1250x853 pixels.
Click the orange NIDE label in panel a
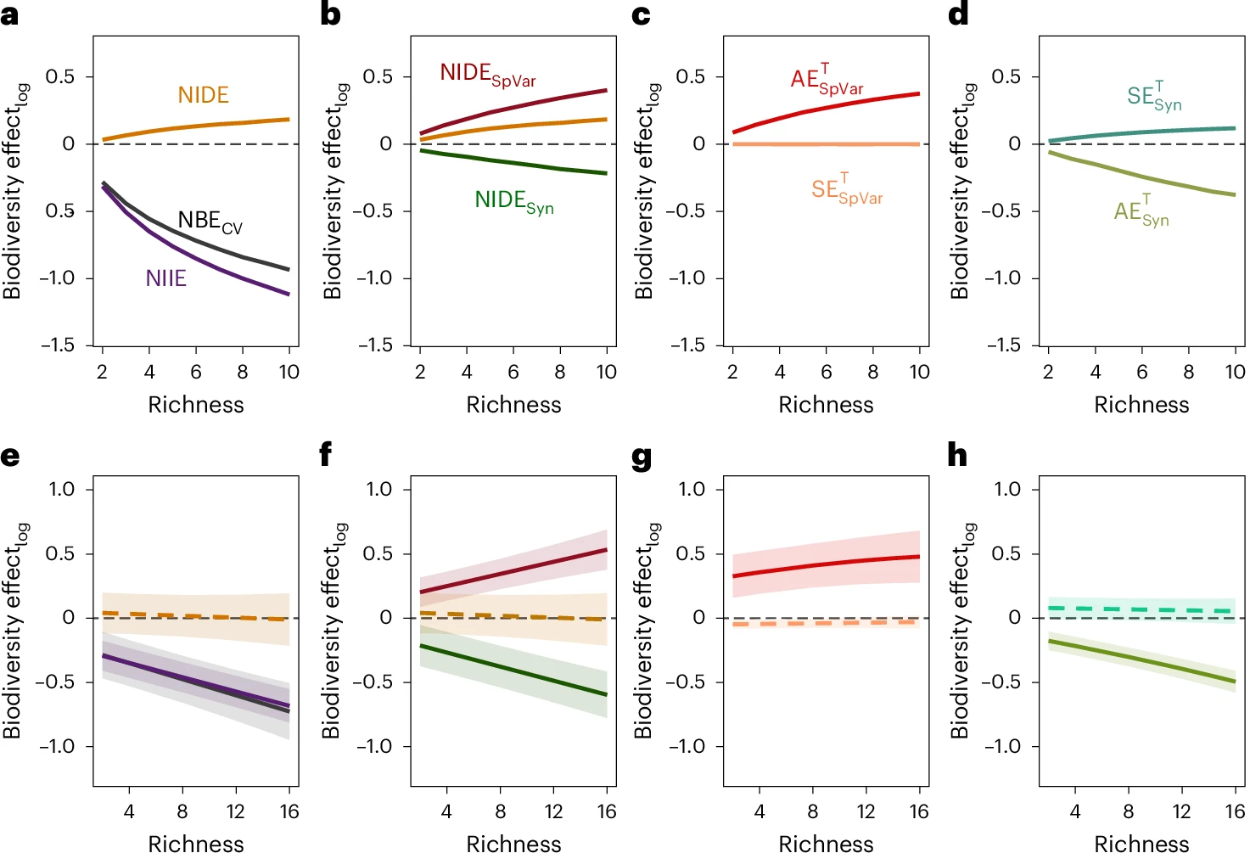coord(203,95)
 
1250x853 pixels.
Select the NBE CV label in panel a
coord(209,222)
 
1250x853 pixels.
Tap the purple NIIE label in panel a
coord(165,278)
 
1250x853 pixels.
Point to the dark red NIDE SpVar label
coord(487,75)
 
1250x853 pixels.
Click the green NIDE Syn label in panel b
coord(513,201)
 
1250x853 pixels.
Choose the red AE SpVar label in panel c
coord(827,79)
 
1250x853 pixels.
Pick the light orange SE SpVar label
coord(846,189)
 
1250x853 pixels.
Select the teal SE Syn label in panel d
coord(1153,97)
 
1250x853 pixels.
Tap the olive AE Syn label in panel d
coord(1141,211)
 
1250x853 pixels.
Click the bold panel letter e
coord(10,456)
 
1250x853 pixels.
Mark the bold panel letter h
coord(957,456)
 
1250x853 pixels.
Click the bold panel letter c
coord(642,15)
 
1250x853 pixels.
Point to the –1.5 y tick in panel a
coord(58,345)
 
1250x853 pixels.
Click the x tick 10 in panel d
coord(1235,372)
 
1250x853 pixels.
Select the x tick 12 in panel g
coord(866,811)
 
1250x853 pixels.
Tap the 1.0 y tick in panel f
coord(378,489)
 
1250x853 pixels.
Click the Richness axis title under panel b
coord(513,405)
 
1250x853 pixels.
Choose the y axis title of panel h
coord(961,630)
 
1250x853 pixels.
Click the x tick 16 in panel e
coord(289,811)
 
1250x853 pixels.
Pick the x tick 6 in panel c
coord(826,372)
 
